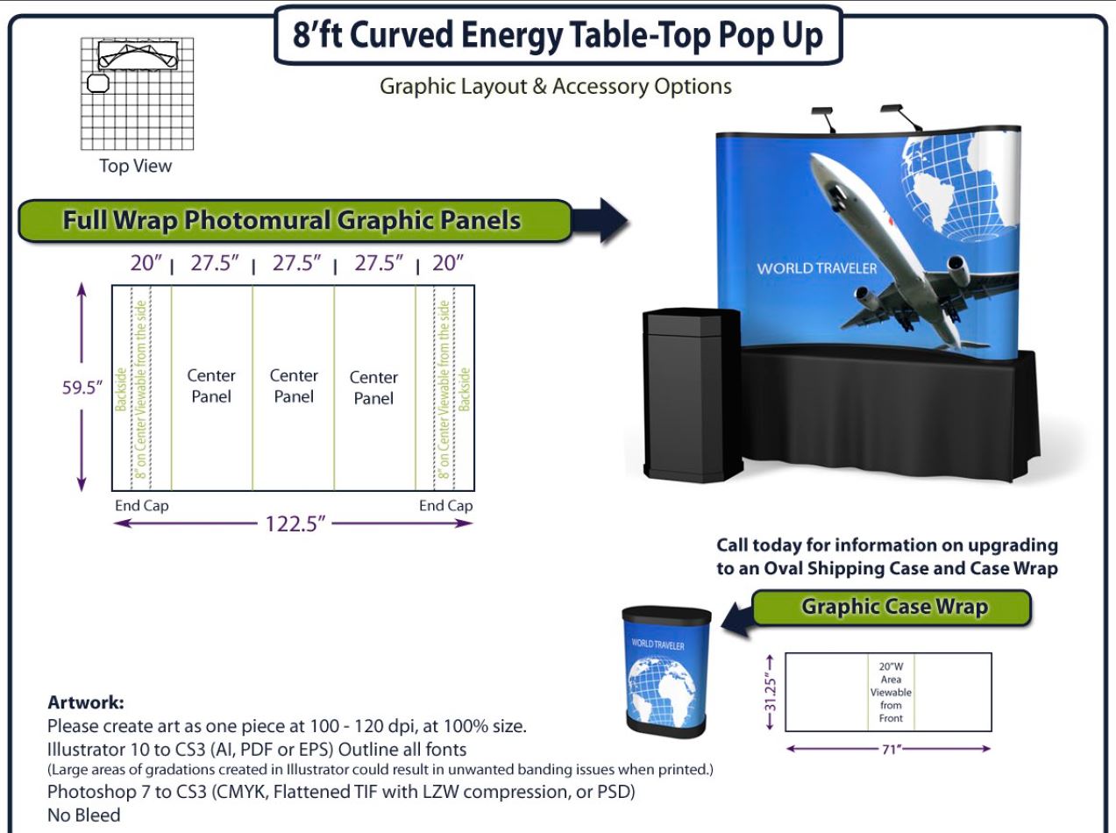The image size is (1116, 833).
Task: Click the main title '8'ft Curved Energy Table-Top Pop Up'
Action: (558, 35)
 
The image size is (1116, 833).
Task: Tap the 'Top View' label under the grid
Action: (135, 166)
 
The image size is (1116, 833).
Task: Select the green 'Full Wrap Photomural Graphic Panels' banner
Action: (295, 221)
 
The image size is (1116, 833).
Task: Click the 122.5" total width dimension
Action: (295, 523)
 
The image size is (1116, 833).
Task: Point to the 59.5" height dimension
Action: (82, 388)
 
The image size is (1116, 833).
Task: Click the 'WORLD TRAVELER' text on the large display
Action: (816, 268)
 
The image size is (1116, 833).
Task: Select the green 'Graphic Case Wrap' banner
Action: (892, 607)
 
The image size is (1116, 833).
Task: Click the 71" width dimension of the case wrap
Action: (892, 750)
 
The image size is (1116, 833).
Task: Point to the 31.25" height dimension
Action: (771, 693)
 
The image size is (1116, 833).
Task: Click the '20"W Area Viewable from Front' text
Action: (891, 692)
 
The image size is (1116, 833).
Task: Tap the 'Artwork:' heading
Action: (85, 702)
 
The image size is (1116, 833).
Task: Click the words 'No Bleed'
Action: (84, 815)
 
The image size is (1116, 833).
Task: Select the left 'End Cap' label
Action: (141, 505)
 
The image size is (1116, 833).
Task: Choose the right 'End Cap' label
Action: (446, 505)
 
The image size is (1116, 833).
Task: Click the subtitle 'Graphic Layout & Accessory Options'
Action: (556, 86)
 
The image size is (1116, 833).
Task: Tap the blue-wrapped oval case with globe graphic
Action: (666, 672)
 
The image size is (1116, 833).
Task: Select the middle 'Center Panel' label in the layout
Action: (294, 386)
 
